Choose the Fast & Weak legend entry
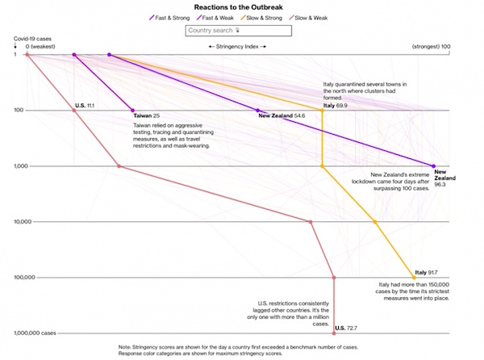(221, 18)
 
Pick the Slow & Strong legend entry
(273, 18)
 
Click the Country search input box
(237, 31)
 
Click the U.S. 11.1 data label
(86, 105)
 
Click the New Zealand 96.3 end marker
(434, 166)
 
